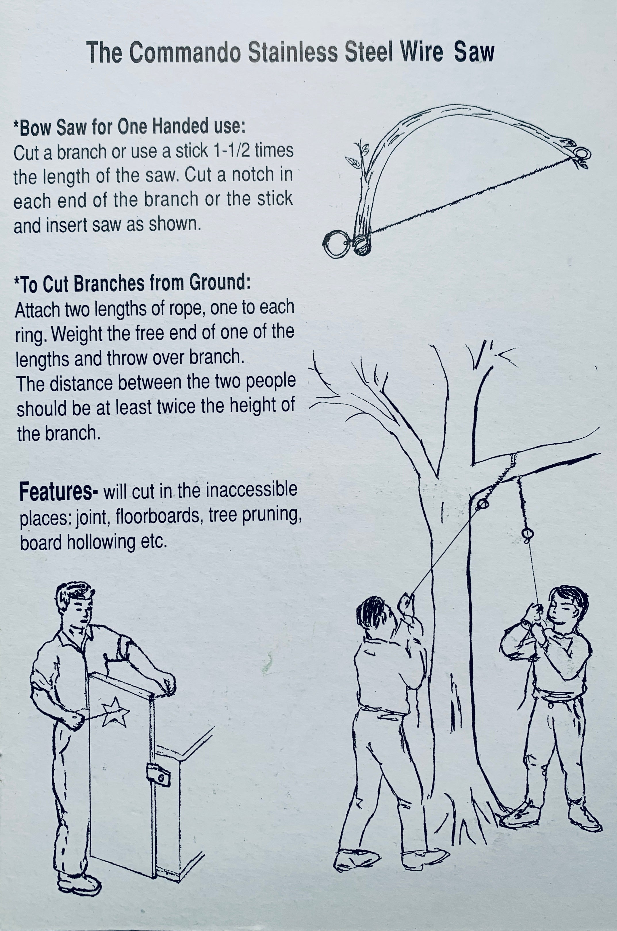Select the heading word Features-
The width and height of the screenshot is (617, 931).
59,493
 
